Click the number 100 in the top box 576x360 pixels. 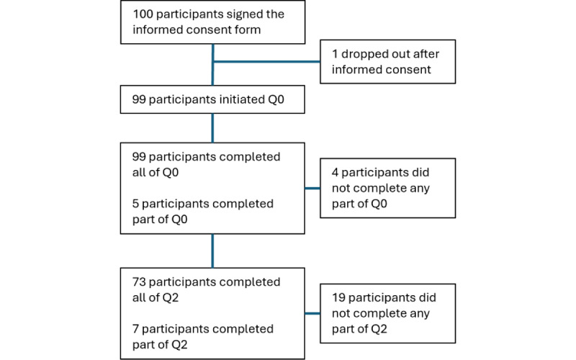[x=143, y=14]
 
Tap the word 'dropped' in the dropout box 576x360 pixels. [x=364, y=55]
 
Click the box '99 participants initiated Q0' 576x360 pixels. [x=212, y=99]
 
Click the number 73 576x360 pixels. [x=139, y=282]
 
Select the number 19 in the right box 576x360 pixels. [x=338, y=297]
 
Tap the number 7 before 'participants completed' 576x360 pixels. [x=135, y=329]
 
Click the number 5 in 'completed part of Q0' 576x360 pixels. [x=135, y=204]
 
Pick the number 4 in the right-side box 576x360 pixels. [x=335, y=172]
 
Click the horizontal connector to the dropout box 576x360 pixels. [x=266, y=62]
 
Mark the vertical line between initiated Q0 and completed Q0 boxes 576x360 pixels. [x=212, y=128]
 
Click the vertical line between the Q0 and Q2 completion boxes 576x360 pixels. [x=212, y=251]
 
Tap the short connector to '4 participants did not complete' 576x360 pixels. [x=312, y=188]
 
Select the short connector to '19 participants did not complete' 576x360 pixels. [x=312, y=313]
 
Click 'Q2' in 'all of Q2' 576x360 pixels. [x=171, y=297]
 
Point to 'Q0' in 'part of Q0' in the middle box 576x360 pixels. [x=179, y=220]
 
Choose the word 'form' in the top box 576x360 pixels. [x=248, y=30]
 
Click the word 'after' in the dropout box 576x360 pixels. [x=426, y=54]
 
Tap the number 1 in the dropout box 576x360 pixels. [x=335, y=54]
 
